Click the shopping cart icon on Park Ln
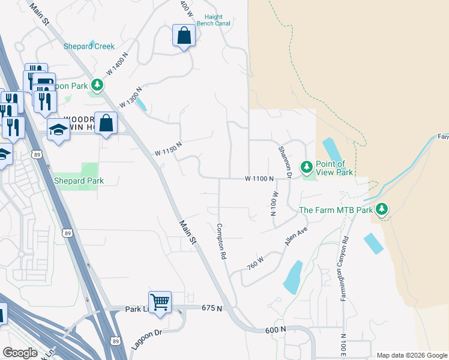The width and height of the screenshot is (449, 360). [x=160, y=302]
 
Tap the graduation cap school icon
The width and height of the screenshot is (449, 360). [x=58, y=130]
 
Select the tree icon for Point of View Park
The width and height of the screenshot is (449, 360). [x=306, y=166]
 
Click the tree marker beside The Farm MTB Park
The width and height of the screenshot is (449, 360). [x=381, y=209]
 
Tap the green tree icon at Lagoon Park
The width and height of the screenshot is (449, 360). [x=96, y=86]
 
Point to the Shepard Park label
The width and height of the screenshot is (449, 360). [x=79, y=181]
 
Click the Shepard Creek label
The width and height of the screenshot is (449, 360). [x=89, y=46]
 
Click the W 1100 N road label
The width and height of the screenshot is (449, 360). [x=259, y=179]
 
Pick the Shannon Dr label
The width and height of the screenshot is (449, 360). [x=285, y=162]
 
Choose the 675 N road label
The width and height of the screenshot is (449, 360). [x=211, y=308]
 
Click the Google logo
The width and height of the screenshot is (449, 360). [x=20, y=353]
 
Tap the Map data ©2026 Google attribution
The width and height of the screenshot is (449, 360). [x=411, y=355]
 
